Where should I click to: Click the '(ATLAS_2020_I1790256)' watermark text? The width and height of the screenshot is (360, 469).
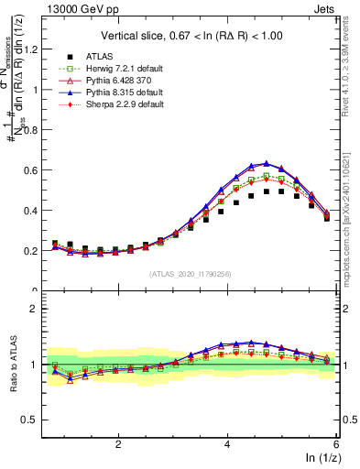[x=191, y=274]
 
